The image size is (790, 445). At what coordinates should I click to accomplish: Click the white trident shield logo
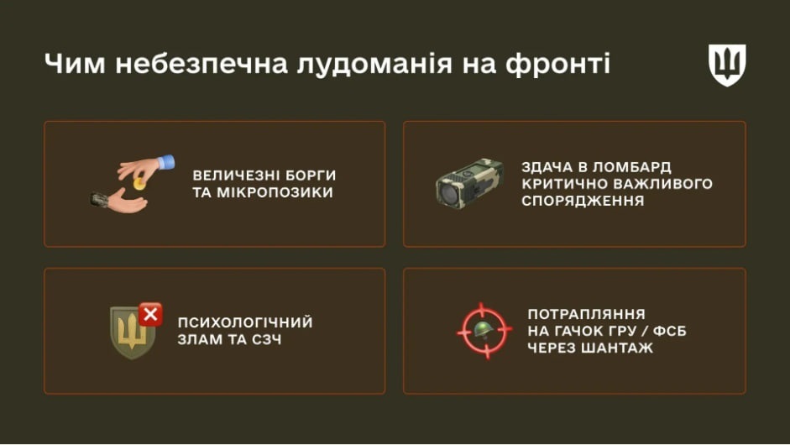pyautogui.click(x=727, y=65)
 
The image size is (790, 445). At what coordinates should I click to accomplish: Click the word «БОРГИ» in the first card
pyautogui.click(x=308, y=175)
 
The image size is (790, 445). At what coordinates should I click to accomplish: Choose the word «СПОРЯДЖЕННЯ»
pyautogui.click(x=583, y=201)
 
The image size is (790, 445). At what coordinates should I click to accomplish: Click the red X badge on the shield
pyautogui.click(x=151, y=315)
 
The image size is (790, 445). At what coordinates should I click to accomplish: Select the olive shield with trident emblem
pyautogui.click(x=132, y=333)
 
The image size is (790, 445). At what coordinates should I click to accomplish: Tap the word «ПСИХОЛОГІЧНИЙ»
pyautogui.click(x=244, y=322)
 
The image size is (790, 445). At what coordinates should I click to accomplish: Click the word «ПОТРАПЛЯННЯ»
pyautogui.click(x=586, y=311)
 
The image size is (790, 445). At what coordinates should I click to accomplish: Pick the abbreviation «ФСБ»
pyautogui.click(x=667, y=330)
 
